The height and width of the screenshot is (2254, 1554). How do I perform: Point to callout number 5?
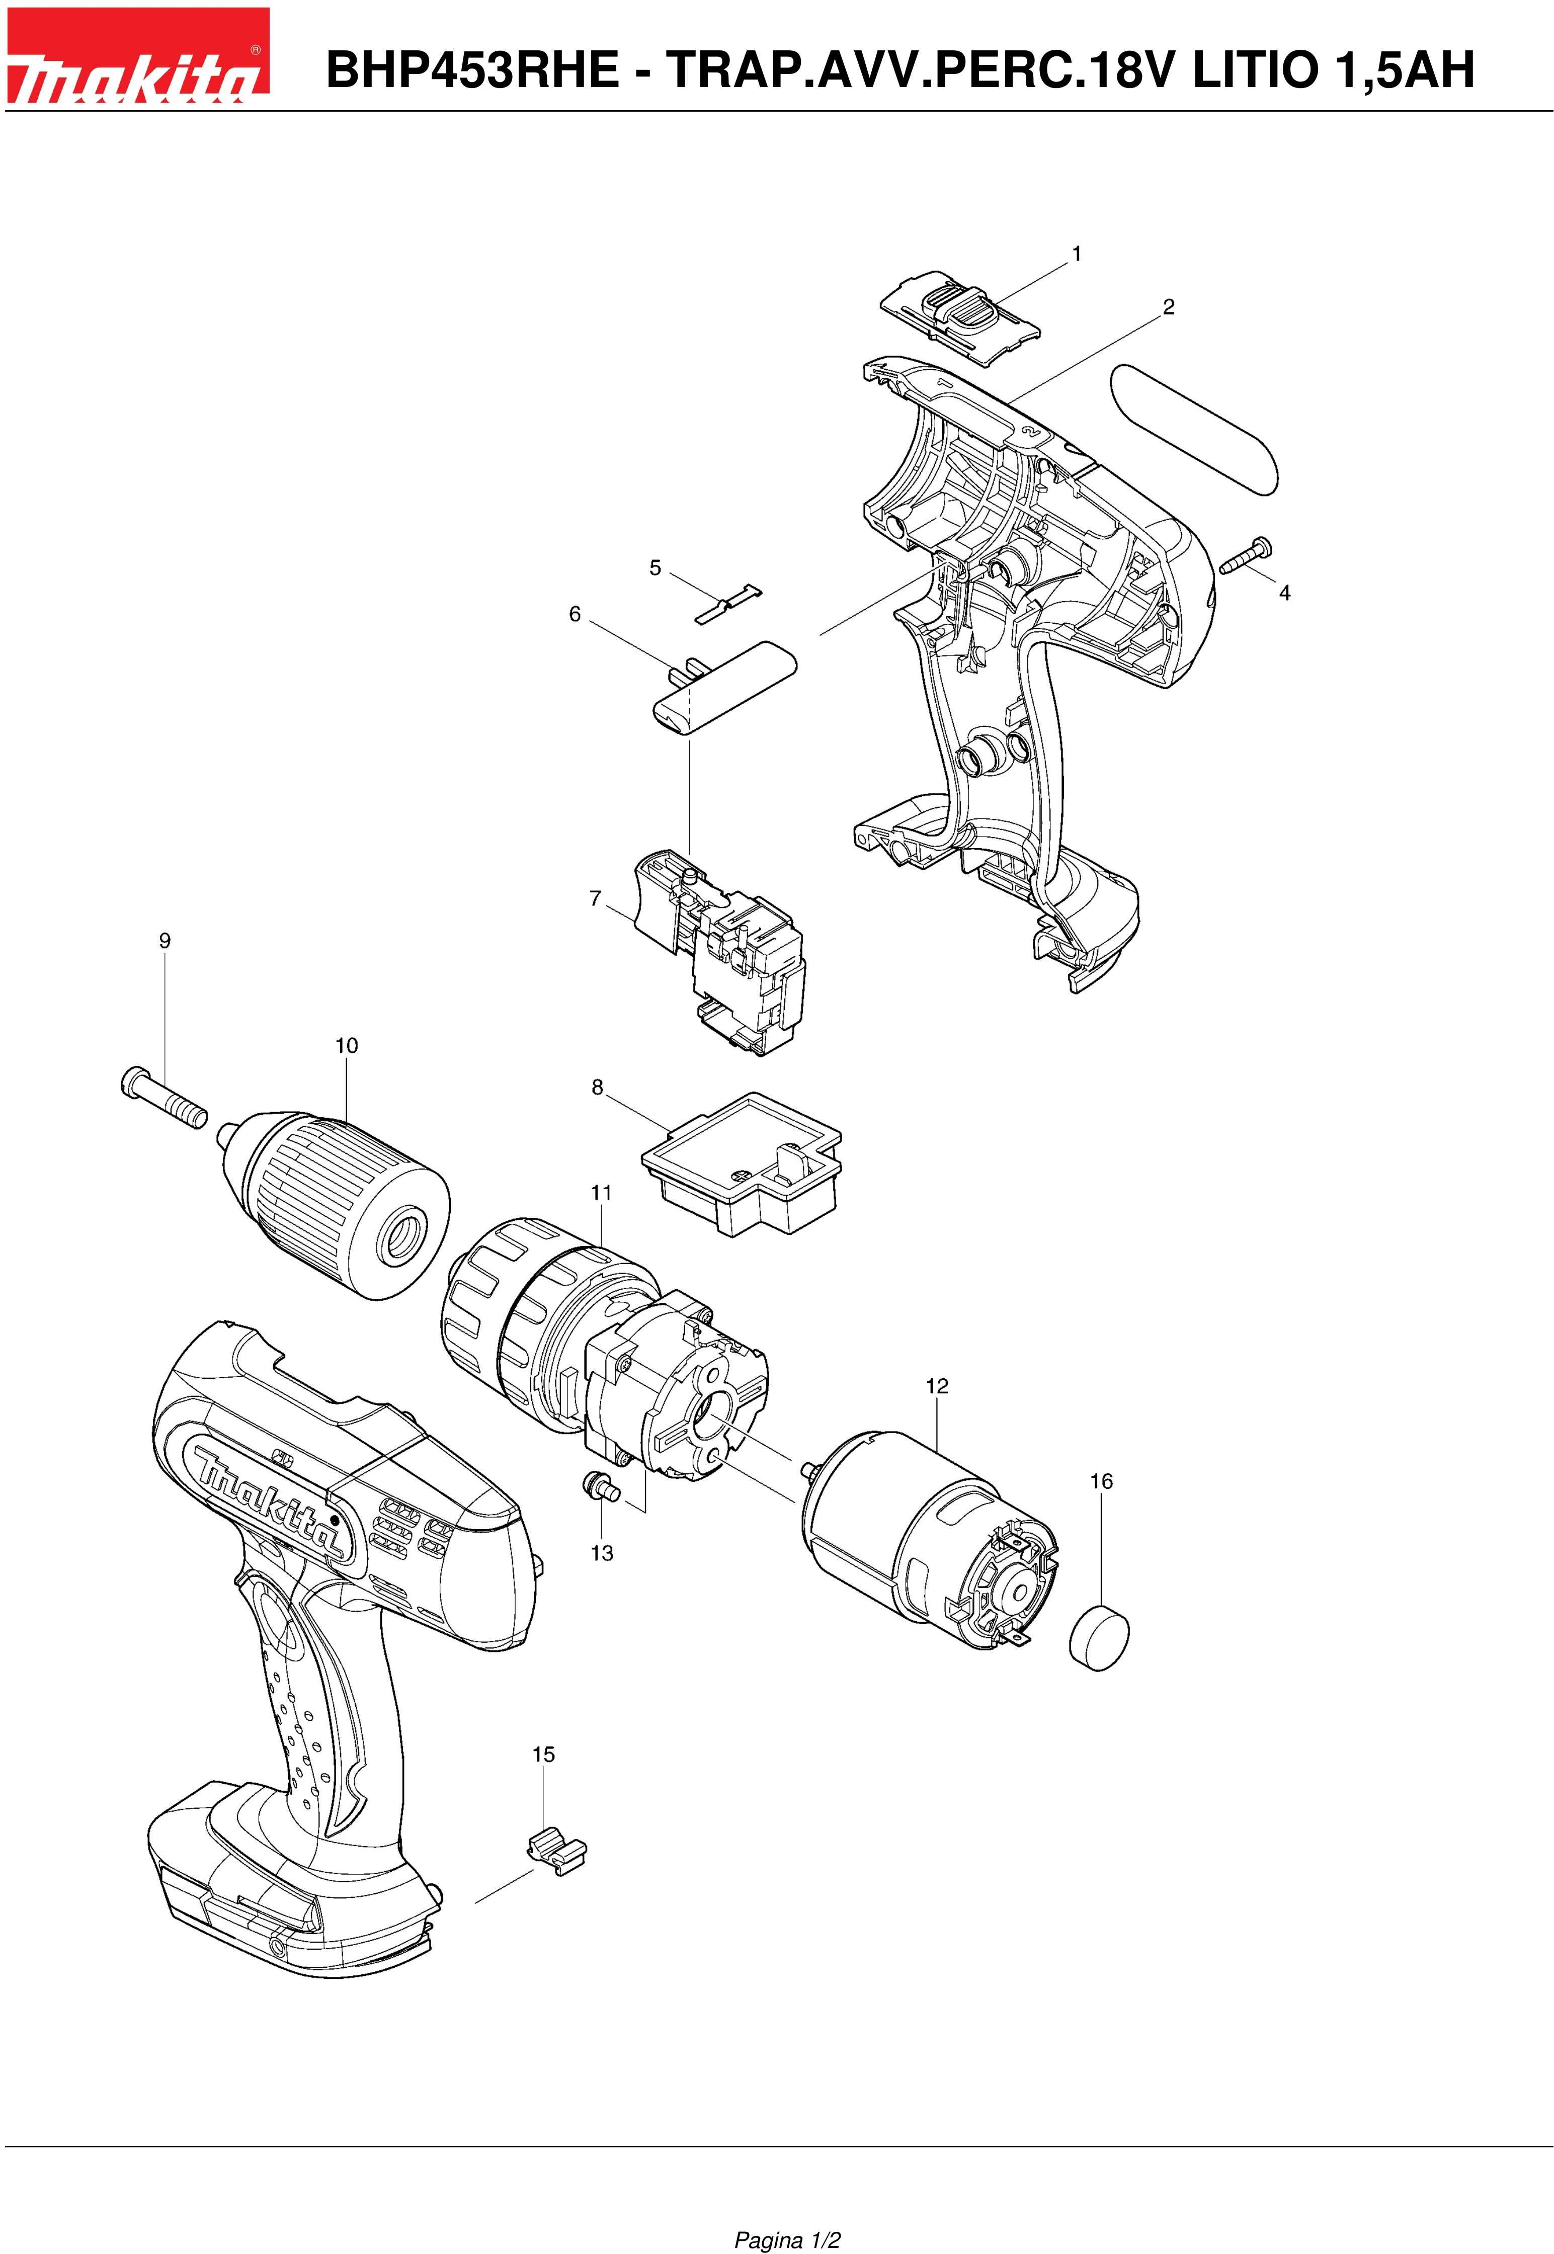[656, 567]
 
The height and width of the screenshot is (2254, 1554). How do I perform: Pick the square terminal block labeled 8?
[742, 1162]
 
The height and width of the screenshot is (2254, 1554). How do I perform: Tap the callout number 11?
[601, 1193]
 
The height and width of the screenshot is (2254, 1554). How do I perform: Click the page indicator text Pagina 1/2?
[787, 2213]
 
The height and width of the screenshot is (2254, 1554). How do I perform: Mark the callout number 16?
[1100, 1481]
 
